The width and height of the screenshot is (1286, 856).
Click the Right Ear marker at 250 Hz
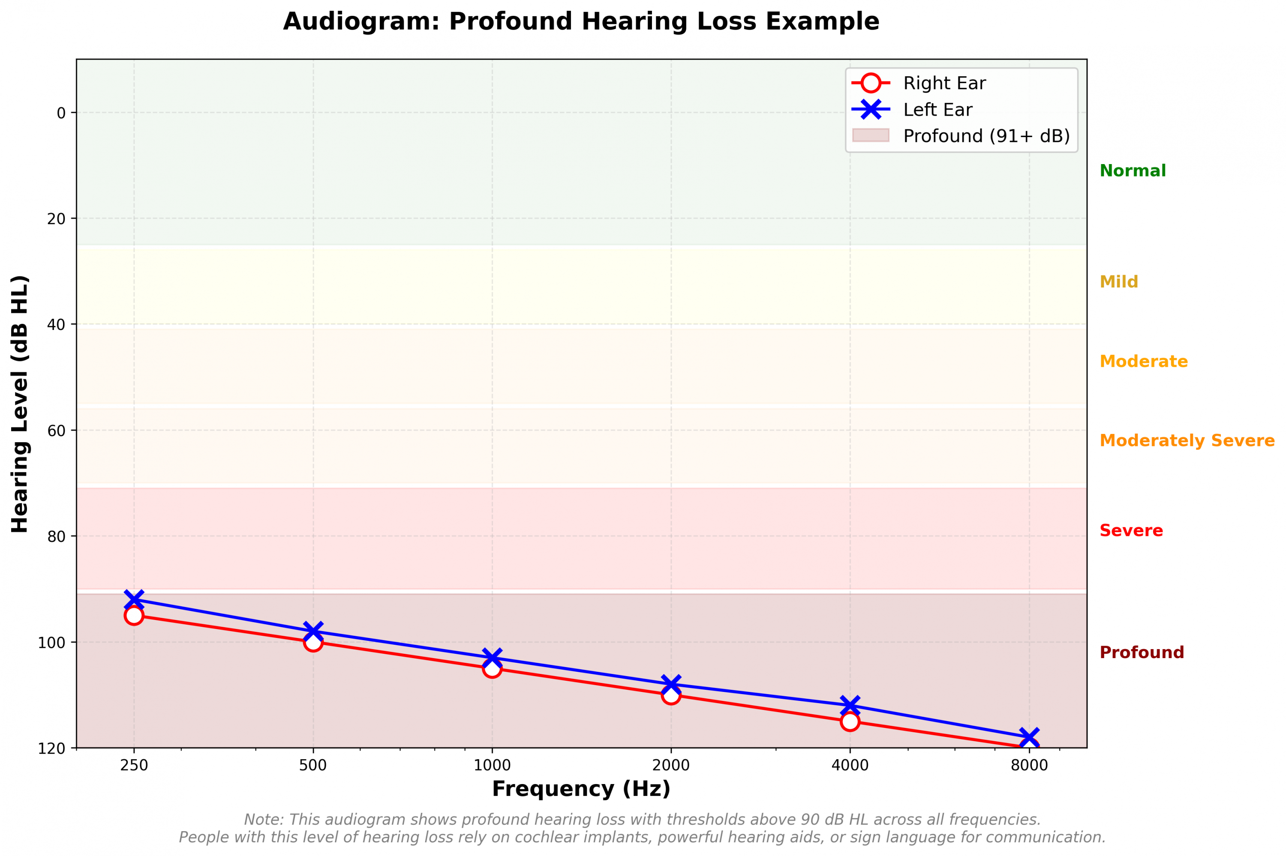[x=134, y=616]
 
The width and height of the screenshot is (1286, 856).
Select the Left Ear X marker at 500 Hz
[x=313, y=631]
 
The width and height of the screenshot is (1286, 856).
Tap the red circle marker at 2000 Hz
[x=671, y=695]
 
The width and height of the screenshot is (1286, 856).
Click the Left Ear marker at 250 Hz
[x=134, y=599]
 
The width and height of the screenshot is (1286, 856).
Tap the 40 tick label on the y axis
[x=56, y=325]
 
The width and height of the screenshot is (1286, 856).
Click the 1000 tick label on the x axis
[x=492, y=765]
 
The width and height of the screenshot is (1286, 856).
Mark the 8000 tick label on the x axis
[x=1029, y=765]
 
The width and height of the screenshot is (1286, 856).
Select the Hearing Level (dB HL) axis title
[x=20, y=404]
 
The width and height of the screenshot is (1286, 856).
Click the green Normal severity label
[x=1132, y=171]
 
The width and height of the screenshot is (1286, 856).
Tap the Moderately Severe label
[x=1187, y=440]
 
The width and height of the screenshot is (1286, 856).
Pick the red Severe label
[x=1131, y=531]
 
